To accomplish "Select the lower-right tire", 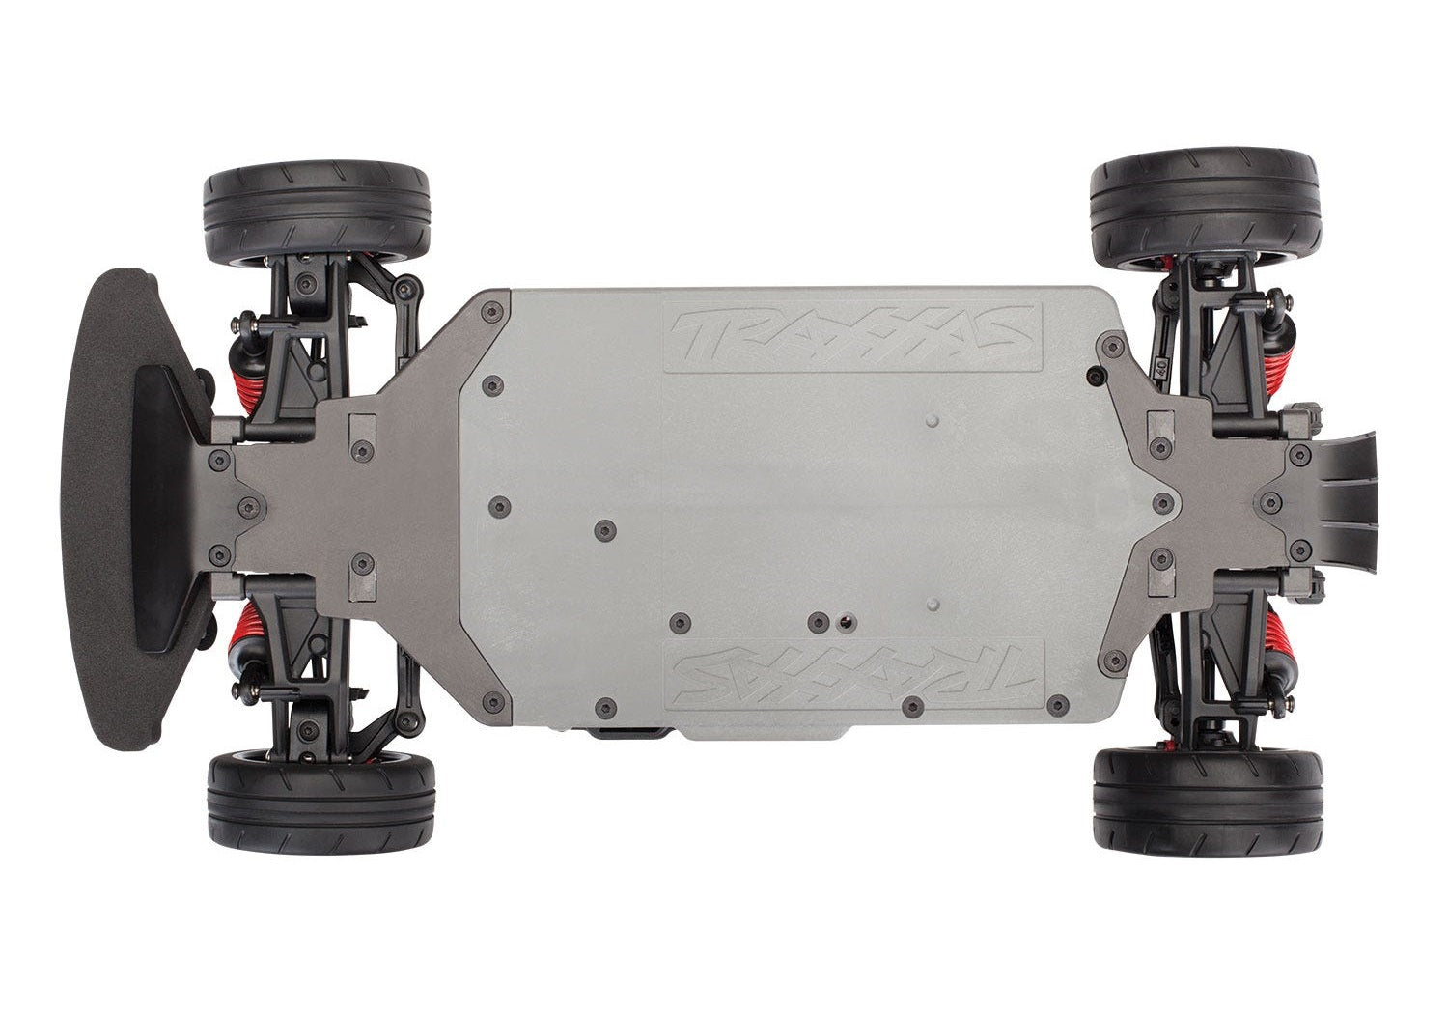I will coord(1207,807).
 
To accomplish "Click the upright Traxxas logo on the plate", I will coord(852,335).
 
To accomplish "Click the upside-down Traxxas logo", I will coord(852,671).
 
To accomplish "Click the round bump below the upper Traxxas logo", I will coord(931,422).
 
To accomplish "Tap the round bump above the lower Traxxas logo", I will coord(931,603).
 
